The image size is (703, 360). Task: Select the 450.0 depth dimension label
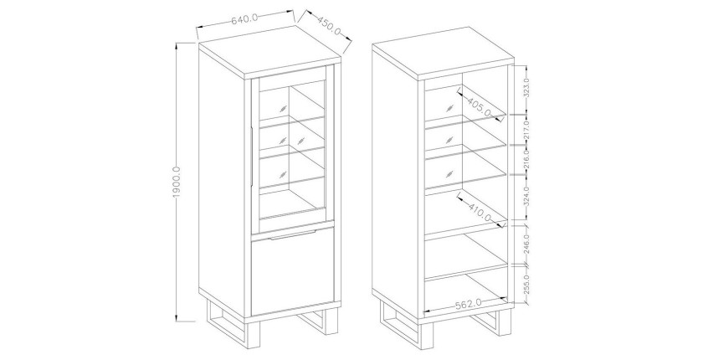tap(329, 26)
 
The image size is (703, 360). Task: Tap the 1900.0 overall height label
tap(176, 182)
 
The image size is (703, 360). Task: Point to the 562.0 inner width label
tap(468, 305)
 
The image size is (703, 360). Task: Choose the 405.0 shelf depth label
tap(479, 106)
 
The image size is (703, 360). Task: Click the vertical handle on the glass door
tap(253, 156)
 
